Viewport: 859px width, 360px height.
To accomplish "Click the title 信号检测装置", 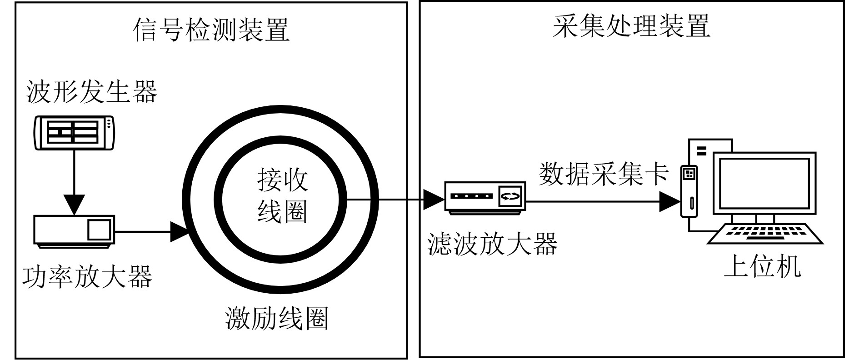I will point(211,30).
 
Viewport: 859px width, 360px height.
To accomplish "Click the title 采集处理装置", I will point(631,26).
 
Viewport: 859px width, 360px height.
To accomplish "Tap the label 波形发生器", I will point(92,92).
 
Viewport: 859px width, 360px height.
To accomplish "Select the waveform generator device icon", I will point(75,132).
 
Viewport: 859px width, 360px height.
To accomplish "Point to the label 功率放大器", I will point(87,277).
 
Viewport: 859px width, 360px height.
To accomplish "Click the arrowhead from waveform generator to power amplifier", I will point(74,204).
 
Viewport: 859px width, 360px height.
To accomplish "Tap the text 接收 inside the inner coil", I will point(282,180).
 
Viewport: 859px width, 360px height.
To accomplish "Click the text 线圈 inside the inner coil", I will point(282,211).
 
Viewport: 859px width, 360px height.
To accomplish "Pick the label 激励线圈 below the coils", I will point(277,318).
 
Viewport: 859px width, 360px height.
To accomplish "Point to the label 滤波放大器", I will point(493,245).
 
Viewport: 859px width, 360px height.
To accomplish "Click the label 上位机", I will point(763,267).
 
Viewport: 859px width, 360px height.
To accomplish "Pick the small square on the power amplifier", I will point(99,230).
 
